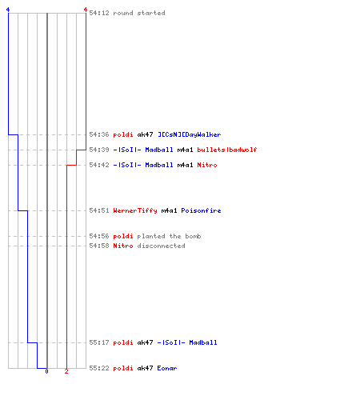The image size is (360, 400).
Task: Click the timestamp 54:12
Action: click(99, 13)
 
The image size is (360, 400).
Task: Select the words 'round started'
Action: click(139, 13)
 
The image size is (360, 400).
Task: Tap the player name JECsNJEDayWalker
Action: click(190, 134)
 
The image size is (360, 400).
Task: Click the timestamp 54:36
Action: click(99, 134)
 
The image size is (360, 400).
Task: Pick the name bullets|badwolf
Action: click(227, 150)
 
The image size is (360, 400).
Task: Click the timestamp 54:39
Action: click(99, 150)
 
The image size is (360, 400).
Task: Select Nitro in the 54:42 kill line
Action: click(207, 165)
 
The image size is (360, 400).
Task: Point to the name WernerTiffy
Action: click(135, 210)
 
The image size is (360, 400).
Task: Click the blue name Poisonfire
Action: click(201, 210)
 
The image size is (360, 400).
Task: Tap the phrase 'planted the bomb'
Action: click(169, 236)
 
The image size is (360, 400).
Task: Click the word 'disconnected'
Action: click(161, 246)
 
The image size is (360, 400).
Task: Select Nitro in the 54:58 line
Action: click(123, 246)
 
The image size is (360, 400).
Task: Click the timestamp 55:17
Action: click(99, 342)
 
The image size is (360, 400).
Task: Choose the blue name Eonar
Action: click(167, 368)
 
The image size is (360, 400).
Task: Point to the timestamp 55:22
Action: click(99, 368)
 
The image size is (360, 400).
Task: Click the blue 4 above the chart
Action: click(8, 10)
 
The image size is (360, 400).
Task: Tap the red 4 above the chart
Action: click(86, 10)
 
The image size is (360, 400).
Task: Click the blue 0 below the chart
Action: click(46, 371)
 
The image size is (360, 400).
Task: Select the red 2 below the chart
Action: click(66, 371)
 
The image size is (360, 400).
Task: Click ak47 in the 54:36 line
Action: click(145, 134)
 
